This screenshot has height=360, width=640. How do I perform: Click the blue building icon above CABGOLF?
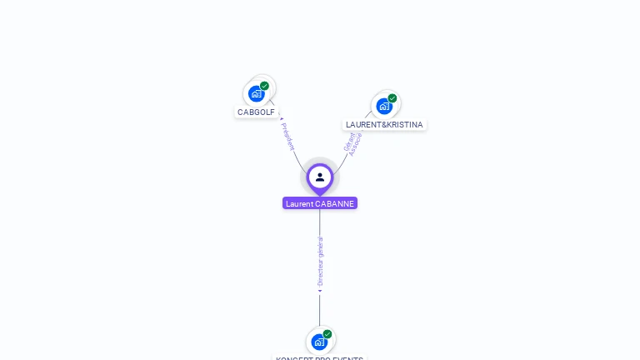pyautogui.click(x=256, y=93)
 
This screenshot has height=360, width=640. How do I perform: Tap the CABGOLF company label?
pyautogui.click(x=256, y=112)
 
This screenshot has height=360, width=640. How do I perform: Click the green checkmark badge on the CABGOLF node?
pyautogui.click(x=264, y=86)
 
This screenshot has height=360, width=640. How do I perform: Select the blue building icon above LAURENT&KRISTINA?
pyautogui.click(x=383, y=106)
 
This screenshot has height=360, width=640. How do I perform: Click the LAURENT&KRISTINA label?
pyautogui.click(x=384, y=125)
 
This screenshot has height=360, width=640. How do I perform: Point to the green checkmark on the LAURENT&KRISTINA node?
pyautogui.click(x=392, y=98)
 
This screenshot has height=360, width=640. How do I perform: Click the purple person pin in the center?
pyautogui.click(x=320, y=177)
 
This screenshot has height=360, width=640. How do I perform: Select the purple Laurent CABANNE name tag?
pyautogui.click(x=320, y=203)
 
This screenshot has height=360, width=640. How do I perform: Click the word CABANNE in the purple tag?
pyautogui.click(x=335, y=203)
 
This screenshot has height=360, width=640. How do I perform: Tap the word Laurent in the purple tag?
pyautogui.click(x=299, y=203)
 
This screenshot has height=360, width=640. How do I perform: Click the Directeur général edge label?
pyautogui.click(x=321, y=261)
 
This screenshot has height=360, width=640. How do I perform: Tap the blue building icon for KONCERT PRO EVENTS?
pyautogui.click(x=319, y=342)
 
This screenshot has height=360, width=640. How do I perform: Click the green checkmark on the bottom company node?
pyautogui.click(x=327, y=334)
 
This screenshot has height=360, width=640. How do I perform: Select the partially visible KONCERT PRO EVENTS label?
pyautogui.click(x=320, y=357)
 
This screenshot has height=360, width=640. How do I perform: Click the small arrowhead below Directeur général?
pyautogui.click(x=320, y=290)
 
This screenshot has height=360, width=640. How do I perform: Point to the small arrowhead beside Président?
pyautogui.click(x=282, y=120)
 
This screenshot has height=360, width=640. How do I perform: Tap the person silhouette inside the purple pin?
pyautogui.click(x=320, y=177)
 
